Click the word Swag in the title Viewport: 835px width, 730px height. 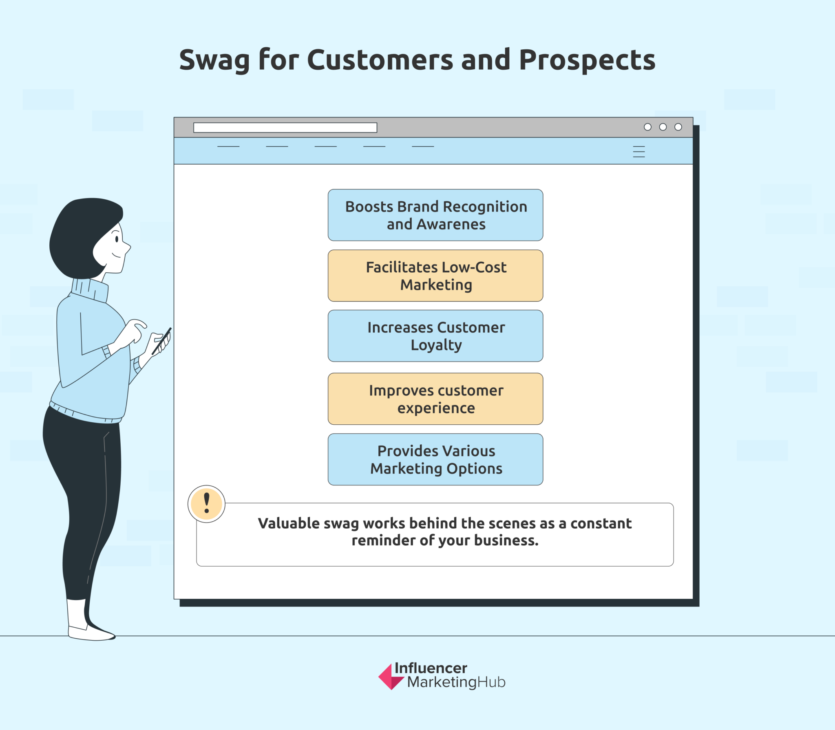pos(214,60)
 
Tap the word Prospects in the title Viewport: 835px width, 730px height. pos(587,60)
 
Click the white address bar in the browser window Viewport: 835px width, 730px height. pos(285,128)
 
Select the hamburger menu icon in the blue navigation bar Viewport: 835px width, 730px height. pos(638,152)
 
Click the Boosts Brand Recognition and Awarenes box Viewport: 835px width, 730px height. pos(435,215)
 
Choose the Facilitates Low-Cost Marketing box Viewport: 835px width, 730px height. pos(435,276)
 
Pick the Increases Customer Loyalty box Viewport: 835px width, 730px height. pos(435,336)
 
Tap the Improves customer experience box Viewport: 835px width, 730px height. pos(435,399)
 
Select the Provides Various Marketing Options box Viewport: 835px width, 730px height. pos(435,459)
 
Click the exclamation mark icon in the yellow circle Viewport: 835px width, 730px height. pos(206,503)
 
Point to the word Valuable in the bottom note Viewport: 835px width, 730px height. pos(288,523)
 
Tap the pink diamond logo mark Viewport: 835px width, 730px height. pos(390,677)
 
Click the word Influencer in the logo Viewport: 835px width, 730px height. pos(431,668)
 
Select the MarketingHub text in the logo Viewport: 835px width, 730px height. pos(456,682)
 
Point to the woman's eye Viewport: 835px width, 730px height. pos(117,239)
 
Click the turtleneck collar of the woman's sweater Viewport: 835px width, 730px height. pos(90,290)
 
